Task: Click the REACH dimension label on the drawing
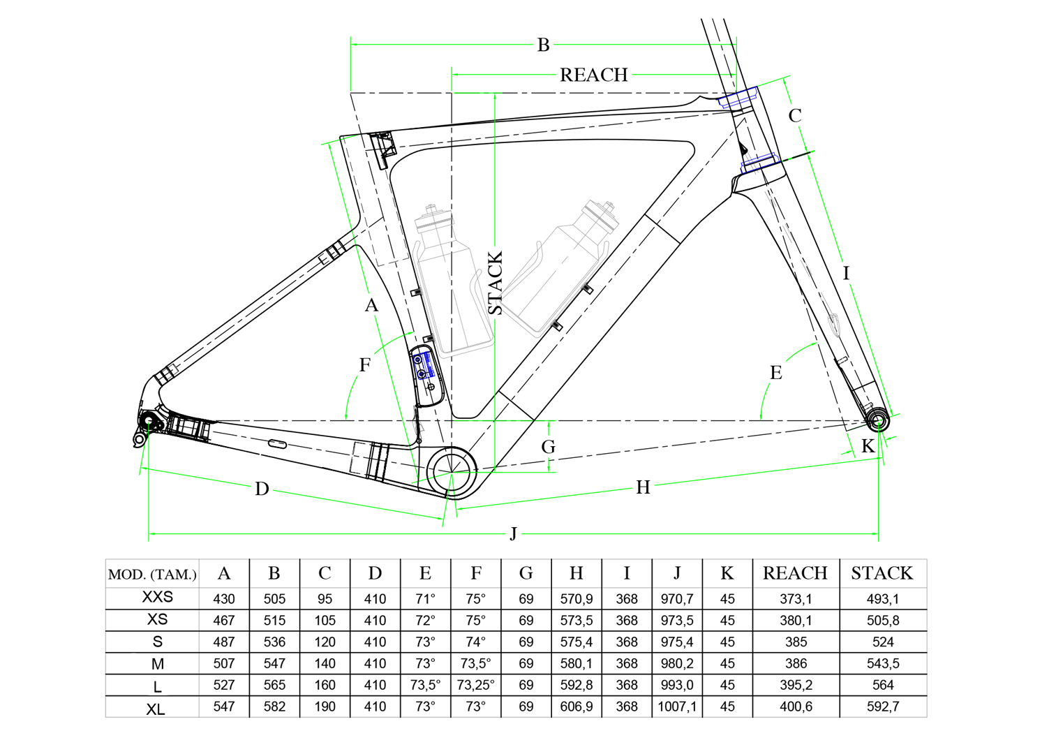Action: click(593, 75)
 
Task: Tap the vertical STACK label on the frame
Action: click(495, 283)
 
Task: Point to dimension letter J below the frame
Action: click(514, 534)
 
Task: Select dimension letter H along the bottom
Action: click(643, 487)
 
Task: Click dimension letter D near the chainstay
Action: click(262, 489)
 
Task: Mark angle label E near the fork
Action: click(776, 373)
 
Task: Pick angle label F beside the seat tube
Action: click(364, 364)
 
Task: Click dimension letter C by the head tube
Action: click(795, 116)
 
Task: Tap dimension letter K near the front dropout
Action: click(868, 447)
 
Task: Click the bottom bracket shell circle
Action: click(451, 472)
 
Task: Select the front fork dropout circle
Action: click(878, 421)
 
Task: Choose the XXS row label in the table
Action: click(157, 598)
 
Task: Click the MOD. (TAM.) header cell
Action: click(152, 575)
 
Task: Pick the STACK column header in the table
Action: click(882, 574)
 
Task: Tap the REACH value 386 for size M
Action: click(796, 663)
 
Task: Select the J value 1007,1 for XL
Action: click(677, 707)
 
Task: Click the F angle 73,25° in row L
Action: click(475, 685)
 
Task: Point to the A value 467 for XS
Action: click(224, 620)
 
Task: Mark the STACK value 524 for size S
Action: click(883, 642)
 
